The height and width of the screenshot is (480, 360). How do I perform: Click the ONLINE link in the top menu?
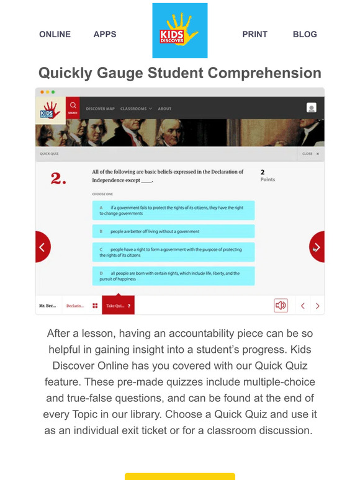pos(55,34)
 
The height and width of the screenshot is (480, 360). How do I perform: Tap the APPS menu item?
pos(105,34)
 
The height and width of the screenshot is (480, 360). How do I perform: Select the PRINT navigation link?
pos(255,34)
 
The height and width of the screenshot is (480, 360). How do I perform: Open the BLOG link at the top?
pos(305,34)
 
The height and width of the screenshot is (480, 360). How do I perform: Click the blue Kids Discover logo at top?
pos(180,30)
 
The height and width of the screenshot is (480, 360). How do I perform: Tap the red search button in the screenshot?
pos(73,107)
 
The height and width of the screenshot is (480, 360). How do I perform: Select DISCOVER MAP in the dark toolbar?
pos(100,109)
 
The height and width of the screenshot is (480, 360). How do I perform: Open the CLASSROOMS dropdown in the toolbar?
pos(136,109)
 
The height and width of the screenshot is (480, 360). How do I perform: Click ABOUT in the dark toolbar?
pos(164,109)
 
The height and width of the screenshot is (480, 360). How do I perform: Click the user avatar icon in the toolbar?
pos(312,108)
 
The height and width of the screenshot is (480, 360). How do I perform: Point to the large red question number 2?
pos(58,179)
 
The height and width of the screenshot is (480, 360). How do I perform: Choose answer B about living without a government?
pos(174,231)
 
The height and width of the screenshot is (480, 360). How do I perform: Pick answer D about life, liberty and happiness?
pos(174,276)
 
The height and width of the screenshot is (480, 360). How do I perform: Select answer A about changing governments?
pos(174,210)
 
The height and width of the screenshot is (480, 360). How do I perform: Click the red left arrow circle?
pos(42,247)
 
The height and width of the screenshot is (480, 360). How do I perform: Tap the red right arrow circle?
pos(317,247)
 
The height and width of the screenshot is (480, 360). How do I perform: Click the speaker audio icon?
pos(281,305)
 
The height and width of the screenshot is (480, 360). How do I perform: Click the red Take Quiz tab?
pos(118,306)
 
